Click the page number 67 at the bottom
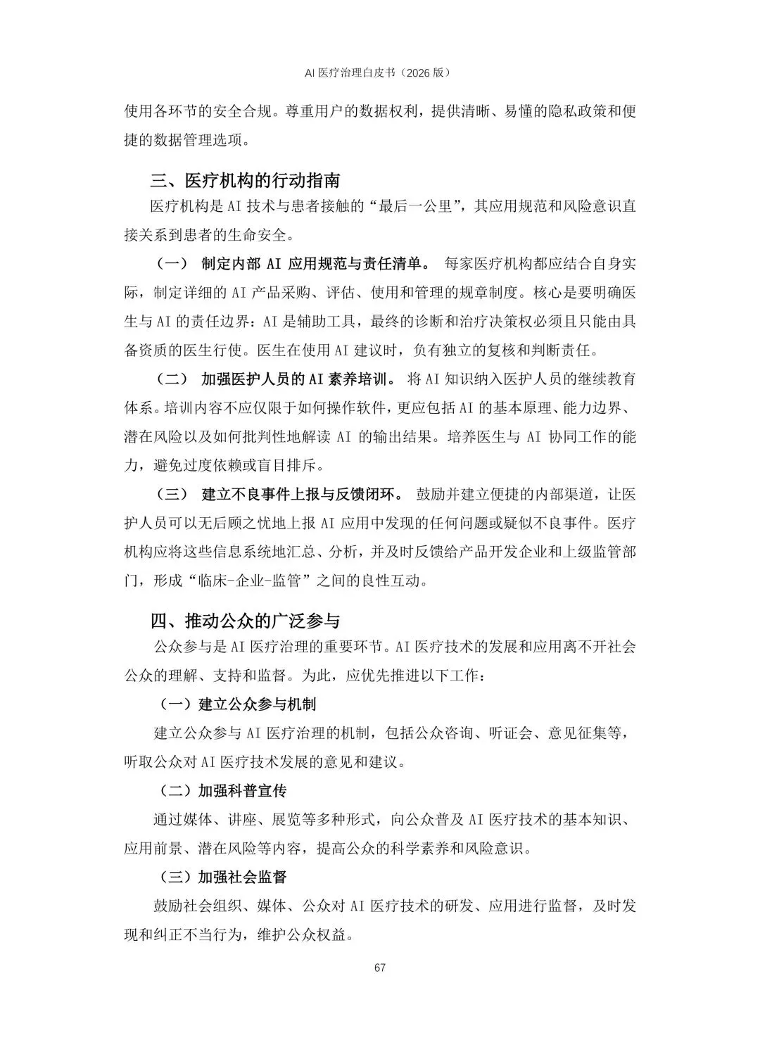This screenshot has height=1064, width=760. tap(380, 968)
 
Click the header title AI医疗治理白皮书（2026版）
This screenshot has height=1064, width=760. tap(379, 72)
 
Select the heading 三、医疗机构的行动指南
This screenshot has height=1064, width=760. tap(245, 181)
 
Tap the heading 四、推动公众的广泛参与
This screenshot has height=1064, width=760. tap(245, 621)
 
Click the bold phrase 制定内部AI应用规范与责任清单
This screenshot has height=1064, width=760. tap(315, 265)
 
